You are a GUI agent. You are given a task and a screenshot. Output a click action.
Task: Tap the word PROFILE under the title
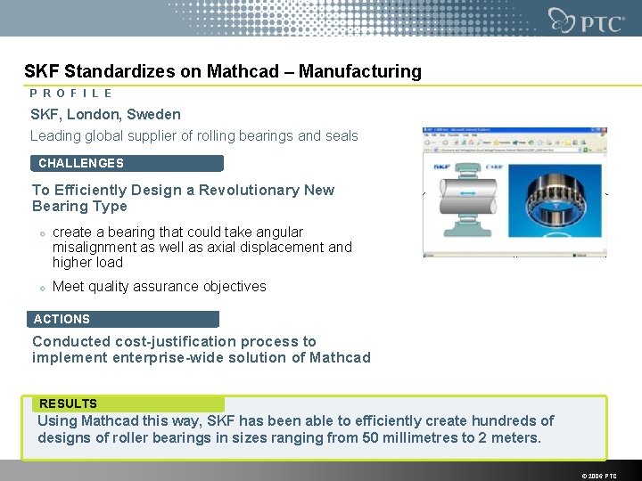[71, 93]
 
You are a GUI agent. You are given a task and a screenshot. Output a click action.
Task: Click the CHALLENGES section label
[81, 163]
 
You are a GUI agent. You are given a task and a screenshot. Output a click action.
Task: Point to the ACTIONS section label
[62, 319]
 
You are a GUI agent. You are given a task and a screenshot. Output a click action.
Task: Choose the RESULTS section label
[69, 404]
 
